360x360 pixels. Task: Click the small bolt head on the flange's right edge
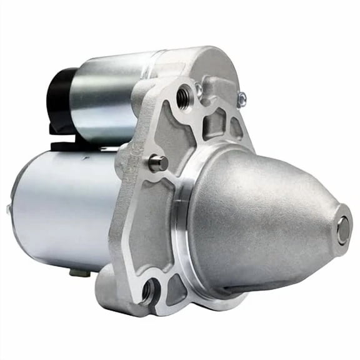pos(241,98)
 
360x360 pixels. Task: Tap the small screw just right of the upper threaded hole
pos(198,91)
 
